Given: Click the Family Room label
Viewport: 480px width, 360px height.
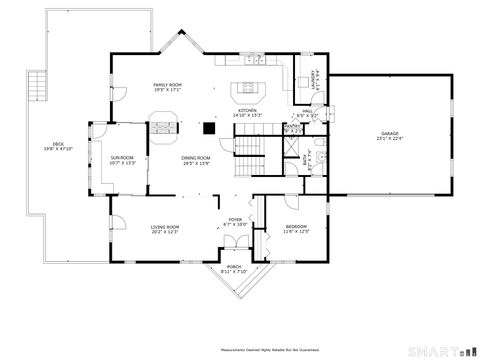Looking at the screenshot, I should click(167, 87).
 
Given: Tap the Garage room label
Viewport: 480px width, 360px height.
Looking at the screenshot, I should click(388, 135).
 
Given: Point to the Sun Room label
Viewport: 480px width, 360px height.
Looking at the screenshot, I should click(122, 159).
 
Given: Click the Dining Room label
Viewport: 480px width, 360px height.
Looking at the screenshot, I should click(196, 160).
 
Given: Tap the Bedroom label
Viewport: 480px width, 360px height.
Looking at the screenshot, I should click(297, 229).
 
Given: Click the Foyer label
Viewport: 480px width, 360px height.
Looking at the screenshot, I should click(235, 221).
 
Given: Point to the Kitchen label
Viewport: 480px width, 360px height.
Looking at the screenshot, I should click(247, 112).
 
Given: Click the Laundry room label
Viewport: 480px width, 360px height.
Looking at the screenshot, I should click(315, 77).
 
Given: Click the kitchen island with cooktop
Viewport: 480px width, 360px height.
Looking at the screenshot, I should click(247, 87).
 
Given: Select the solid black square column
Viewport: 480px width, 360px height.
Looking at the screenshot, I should click(208, 127).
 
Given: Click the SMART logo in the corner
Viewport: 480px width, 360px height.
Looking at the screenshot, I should click(440, 351).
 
